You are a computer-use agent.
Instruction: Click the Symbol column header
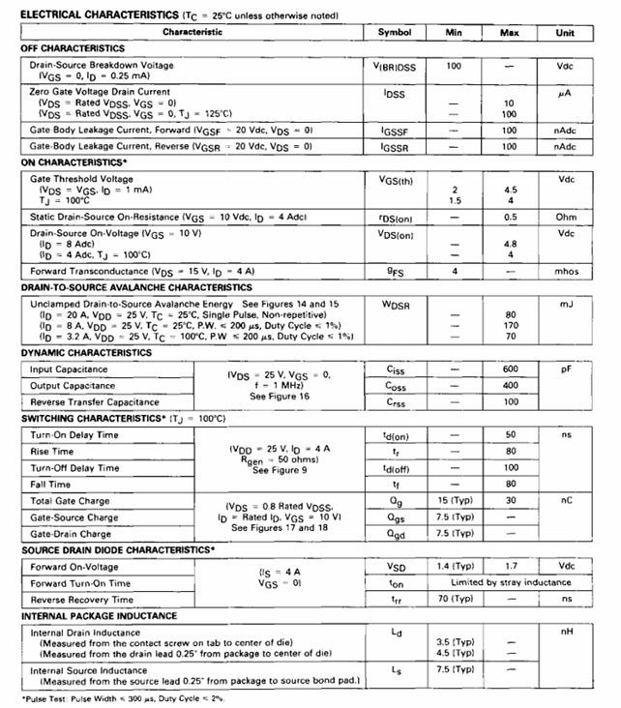(x=395, y=33)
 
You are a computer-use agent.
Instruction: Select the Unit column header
(x=565, y=33)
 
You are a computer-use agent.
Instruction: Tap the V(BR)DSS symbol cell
(x=395, y=68)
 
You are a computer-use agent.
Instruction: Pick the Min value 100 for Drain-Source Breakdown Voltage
(x=453, y=66)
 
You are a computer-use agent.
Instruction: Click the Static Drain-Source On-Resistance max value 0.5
(x=510, y=216)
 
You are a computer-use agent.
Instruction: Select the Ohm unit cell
(x=566, y=216)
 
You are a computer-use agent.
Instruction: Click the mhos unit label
(x=566, y=272)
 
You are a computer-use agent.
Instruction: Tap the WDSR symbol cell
(x=395, y=304)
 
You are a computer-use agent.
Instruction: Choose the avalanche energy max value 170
(x=510, y=326)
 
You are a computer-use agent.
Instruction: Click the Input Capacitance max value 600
(x=510, y=369)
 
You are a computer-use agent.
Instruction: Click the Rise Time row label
(x=50, y=451)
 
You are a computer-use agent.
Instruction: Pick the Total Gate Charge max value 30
(x=510, y=500)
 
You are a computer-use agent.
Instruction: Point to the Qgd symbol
(x=395, y=533)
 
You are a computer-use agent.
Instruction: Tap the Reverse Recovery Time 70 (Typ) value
(x=453, y=599)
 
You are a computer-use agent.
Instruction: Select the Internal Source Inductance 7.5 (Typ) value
(x=453, y=669)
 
